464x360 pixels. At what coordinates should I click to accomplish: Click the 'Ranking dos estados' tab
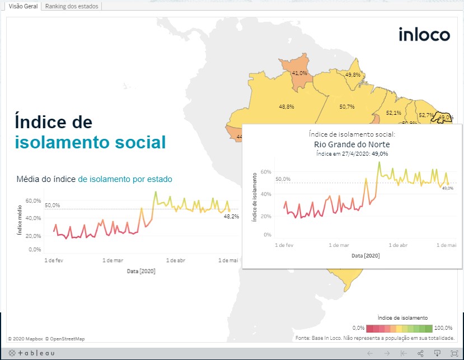pos(72,6)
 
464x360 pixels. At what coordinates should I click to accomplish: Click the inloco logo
pos(424,34)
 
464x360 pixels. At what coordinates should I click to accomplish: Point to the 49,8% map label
pos(353,74)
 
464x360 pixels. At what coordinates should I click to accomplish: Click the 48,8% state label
pos(286,106)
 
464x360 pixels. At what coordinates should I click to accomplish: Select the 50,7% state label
pos(347,106)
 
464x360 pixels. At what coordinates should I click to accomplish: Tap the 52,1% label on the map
pos(393,113)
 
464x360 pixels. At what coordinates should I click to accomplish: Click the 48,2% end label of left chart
pos(231,216)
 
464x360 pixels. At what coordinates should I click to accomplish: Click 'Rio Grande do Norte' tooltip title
pos(352,144)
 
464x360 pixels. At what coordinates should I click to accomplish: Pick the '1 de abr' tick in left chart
pos(176,260)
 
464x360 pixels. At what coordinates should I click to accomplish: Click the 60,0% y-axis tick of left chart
pos(34,200)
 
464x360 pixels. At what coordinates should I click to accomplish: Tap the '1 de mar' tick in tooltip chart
pos(339,245)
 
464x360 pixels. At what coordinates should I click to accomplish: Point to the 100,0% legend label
pos(444,328)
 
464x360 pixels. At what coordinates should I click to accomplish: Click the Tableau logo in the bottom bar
pos(32,353)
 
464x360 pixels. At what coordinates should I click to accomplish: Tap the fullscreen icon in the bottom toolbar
pos(454,353)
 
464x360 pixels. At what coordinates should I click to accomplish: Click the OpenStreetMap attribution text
pos(65,338)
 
